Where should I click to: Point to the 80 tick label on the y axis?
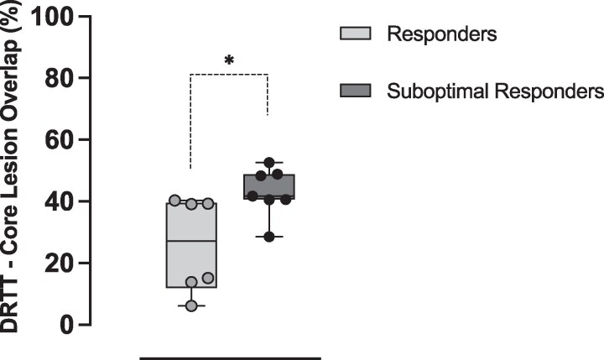point(54,78)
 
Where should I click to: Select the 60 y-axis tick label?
point(54,140)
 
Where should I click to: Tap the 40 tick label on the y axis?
point(54,201)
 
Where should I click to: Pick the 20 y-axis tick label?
point(54,263)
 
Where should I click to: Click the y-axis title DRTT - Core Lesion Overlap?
point(14,172)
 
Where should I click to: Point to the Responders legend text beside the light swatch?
point(442,34)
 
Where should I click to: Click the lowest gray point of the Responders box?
point(191,305)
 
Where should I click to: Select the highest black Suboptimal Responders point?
point(268,163)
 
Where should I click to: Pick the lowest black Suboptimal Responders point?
point(268,237)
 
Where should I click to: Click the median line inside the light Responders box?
point(191,241)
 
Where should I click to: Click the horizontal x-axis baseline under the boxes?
point(229,358)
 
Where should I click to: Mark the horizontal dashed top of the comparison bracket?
point(229,75)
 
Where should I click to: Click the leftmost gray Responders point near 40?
point(174,201)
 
